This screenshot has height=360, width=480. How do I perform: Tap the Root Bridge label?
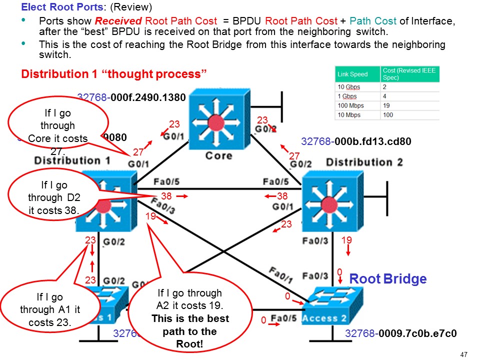(387, 279)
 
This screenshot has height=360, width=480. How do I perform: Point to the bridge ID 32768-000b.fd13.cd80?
(356, 141)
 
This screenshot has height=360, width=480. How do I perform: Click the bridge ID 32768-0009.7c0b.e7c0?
(401, 333)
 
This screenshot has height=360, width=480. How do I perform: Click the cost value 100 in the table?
(388, 114)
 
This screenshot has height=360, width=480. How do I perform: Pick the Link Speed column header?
(352, 74)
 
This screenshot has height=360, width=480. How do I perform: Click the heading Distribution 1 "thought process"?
(114, 74)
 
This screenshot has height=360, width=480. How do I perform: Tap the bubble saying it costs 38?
(53, 198)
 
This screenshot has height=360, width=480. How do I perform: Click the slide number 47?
(463, 354)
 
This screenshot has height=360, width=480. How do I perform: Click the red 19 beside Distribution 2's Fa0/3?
(346, 240)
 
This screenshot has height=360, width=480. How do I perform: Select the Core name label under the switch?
(218, 155)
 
